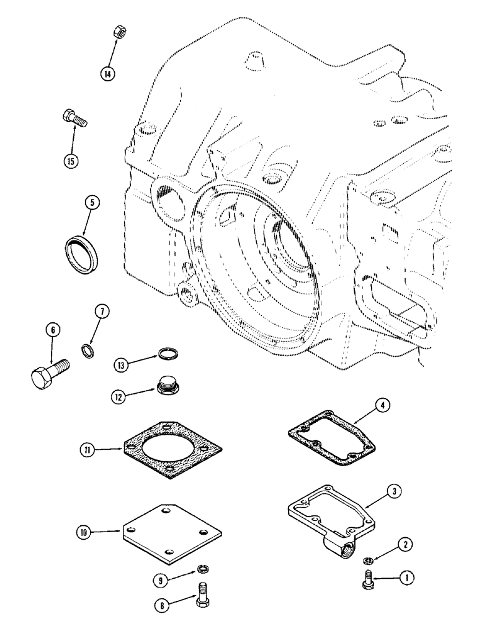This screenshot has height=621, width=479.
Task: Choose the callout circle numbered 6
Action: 52,332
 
